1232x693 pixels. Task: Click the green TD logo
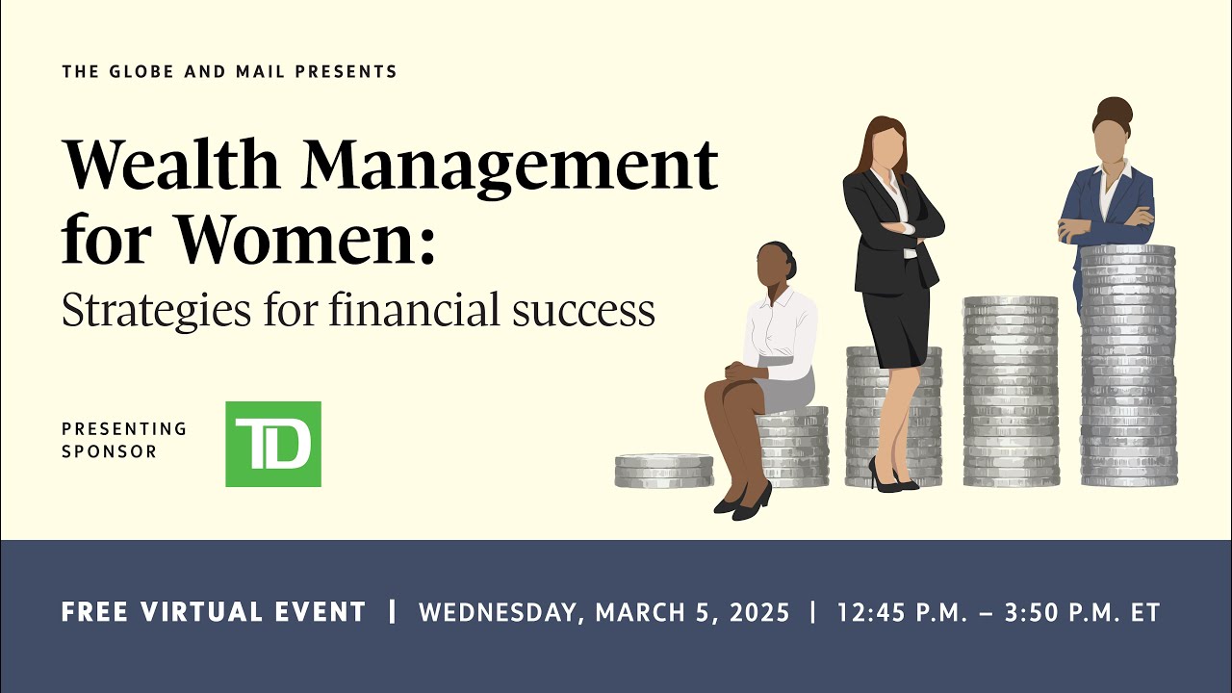click(273, 444)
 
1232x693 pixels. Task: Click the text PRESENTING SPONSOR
click(124, 440)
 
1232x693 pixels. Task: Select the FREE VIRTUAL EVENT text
click(214, 612)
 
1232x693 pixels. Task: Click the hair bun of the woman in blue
click(1114, 108)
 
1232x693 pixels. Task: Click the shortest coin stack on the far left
click(664, 471)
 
